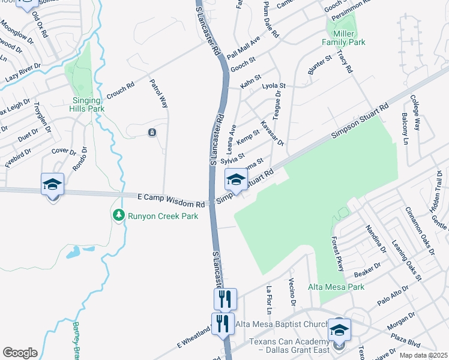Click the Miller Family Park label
343,38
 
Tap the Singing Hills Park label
88,104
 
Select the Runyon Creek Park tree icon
119,215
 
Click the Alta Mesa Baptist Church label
282,325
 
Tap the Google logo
20,352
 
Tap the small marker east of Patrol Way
152,132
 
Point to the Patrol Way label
158,93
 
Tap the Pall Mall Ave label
243,47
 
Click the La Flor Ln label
269,299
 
